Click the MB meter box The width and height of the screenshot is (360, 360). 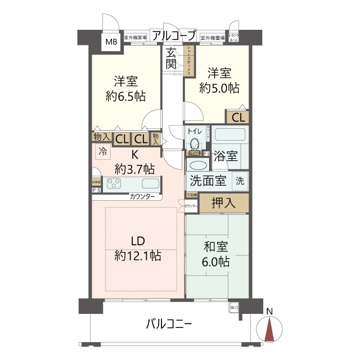click(x=111, y=42)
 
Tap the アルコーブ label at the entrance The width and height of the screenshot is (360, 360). click(x=174, y=35)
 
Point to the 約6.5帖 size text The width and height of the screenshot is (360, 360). click(x=126, y=96)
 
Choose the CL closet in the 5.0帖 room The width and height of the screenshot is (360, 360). click(x=238, y=118)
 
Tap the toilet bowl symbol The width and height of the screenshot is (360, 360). click(x=195, y=143)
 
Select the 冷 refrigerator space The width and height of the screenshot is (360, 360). click(x=102, y=151)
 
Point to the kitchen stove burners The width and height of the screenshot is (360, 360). click(x=115, y=183)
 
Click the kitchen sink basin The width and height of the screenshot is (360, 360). click(x=150, y=183)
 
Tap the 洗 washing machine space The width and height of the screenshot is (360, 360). click(x=240, y=181)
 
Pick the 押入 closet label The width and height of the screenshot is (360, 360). click(x=224, y=203)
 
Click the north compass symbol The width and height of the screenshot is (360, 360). click(x=270, y=328)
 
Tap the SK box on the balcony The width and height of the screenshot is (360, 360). click(x=234, y=308)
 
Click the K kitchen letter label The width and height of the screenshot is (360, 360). click(x=135, y=155)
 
